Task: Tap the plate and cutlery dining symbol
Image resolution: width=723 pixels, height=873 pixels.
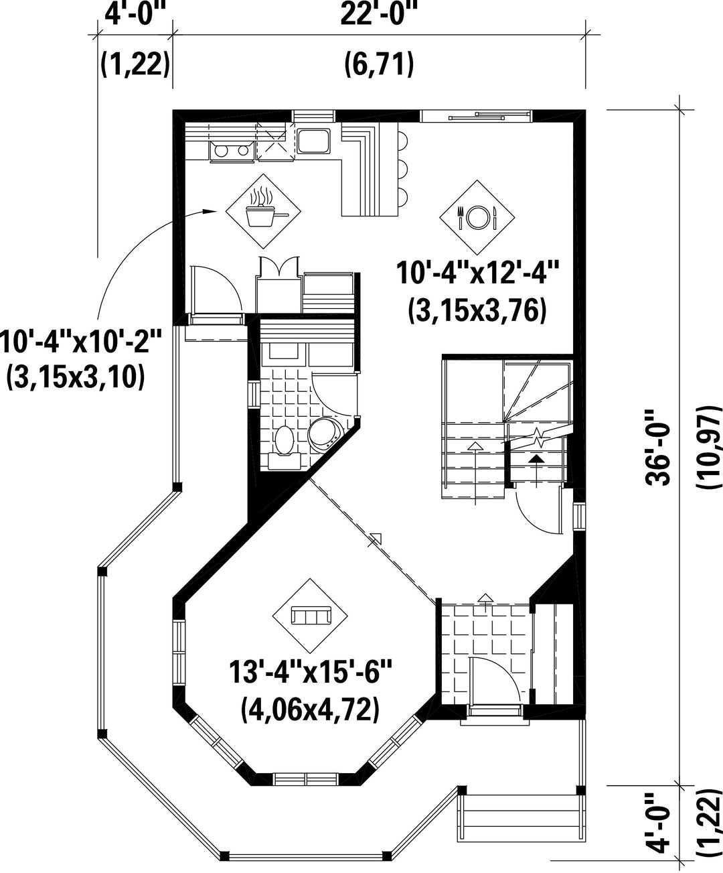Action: [477, 217]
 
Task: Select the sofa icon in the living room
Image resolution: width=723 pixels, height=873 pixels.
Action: [311, 616]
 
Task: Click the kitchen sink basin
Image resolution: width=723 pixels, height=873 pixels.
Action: [314, 141]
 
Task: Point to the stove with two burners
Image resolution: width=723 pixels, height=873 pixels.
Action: [232, 151]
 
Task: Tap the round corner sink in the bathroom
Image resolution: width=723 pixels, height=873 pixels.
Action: [326, 433]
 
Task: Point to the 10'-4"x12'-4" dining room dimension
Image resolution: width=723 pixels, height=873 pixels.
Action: [477, 273]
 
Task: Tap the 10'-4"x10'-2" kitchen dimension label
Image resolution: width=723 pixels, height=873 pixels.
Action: [80, 342]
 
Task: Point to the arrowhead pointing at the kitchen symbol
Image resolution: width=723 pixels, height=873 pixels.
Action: [211, 211]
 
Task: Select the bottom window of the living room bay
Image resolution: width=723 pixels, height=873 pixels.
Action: [305, 779]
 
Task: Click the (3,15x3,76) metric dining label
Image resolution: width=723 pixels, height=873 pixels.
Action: [477, 312]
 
